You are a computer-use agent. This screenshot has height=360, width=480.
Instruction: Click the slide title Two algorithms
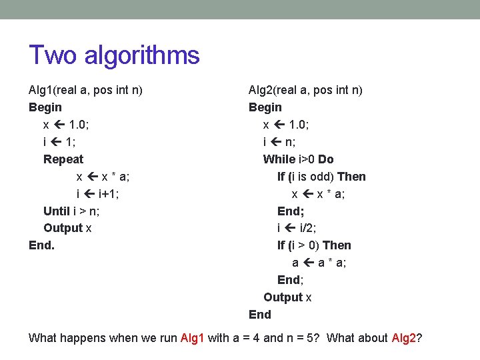click(114, 55)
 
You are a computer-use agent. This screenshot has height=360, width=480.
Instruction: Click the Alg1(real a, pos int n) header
click(85, 90)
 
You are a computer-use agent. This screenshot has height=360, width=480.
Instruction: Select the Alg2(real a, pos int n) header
click(305, 90)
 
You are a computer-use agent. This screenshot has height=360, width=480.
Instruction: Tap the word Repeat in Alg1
click(63, 159)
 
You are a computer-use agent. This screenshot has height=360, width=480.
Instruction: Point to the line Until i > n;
click(71, 211)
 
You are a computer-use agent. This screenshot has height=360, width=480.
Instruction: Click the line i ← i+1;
click(98, 194)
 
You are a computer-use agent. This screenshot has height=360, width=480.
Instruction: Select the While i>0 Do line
click(298, 159)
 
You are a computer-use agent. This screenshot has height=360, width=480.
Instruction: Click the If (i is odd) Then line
click(321, 177)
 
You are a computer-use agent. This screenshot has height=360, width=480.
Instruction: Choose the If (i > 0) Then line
click(314, 245)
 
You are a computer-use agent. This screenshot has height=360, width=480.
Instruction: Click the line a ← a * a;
click(319, 263)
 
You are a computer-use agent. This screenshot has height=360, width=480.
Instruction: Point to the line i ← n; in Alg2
click(280, 142)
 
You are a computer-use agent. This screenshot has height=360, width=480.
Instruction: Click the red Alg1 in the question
click(193, 337)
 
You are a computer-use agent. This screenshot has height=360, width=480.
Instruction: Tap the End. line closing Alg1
click(41, 245)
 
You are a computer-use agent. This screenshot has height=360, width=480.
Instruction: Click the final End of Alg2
click(260, 315)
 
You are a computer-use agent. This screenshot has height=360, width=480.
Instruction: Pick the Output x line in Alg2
click(287, 297)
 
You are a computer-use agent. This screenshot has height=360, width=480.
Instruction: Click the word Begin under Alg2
click(265, 107)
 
